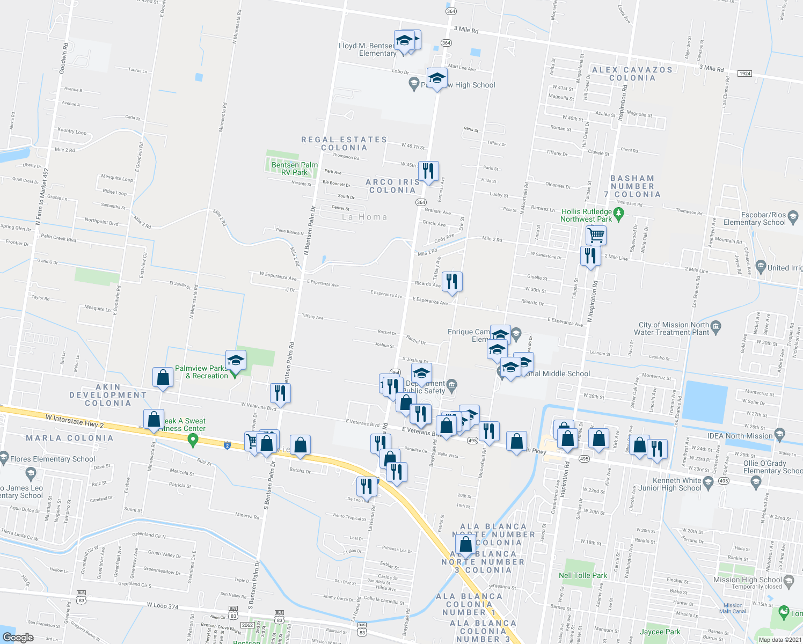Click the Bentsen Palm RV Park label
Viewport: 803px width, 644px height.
[294, 169]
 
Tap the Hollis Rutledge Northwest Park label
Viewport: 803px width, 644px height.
[586, 215]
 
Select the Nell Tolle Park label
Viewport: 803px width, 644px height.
[582, 575]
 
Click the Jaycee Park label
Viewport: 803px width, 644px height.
[660, 632]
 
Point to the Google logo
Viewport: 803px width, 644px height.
[18, 637]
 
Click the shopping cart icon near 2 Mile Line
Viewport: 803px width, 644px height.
[596, 235]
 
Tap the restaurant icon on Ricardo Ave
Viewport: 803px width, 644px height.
[452, 281]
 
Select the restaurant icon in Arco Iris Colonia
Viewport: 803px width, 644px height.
[428, 171]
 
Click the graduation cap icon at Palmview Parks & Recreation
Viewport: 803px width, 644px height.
[236, 360]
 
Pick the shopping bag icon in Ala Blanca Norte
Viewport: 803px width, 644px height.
[466, 544]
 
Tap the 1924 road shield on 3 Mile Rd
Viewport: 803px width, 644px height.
[744, 74]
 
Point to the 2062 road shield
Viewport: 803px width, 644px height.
[247, 625]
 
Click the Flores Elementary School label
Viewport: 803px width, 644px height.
[53, 459]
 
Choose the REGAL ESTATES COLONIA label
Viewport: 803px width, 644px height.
[344, 143]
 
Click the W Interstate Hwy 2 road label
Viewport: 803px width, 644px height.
[75, 421]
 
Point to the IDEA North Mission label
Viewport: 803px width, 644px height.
[740, 436]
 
